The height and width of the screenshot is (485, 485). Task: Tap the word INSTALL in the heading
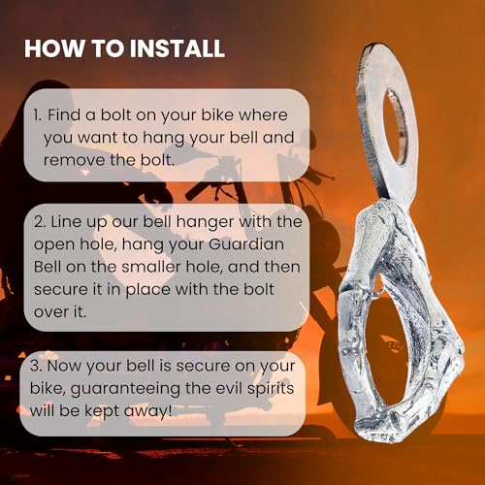tap(178, 48)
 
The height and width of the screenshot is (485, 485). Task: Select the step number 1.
tap(37, 115)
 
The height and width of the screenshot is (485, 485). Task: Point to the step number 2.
tap(40, 222)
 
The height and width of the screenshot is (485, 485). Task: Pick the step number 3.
tap(37, 366)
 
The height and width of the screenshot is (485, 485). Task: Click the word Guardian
tap(246, 244)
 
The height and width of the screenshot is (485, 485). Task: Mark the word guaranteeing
tap(125, 390)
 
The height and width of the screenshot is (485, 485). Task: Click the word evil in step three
tap(229, 388)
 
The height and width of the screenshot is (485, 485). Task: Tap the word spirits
tap(271, 389)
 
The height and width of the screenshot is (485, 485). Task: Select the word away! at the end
tap(147, 411)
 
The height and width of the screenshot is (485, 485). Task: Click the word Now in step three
tap(64, 366)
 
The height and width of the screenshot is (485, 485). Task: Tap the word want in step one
tap(98, 139)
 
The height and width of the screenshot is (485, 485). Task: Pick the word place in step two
tap(147, 290)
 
